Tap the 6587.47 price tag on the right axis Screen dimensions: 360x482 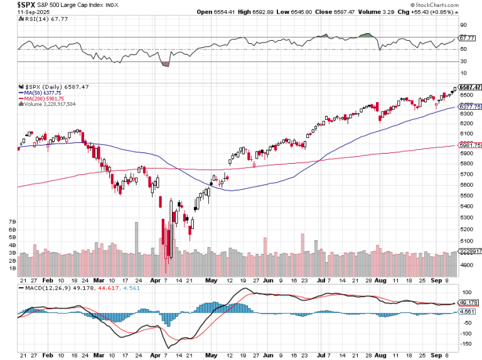(470, 87)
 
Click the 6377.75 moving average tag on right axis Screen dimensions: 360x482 (470, 107)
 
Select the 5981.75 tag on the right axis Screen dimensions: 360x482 (470, 146)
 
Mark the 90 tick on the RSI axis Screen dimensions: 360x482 (465, 25)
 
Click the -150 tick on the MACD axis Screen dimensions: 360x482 (466, 344)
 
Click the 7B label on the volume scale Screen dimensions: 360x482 (12, 222)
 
